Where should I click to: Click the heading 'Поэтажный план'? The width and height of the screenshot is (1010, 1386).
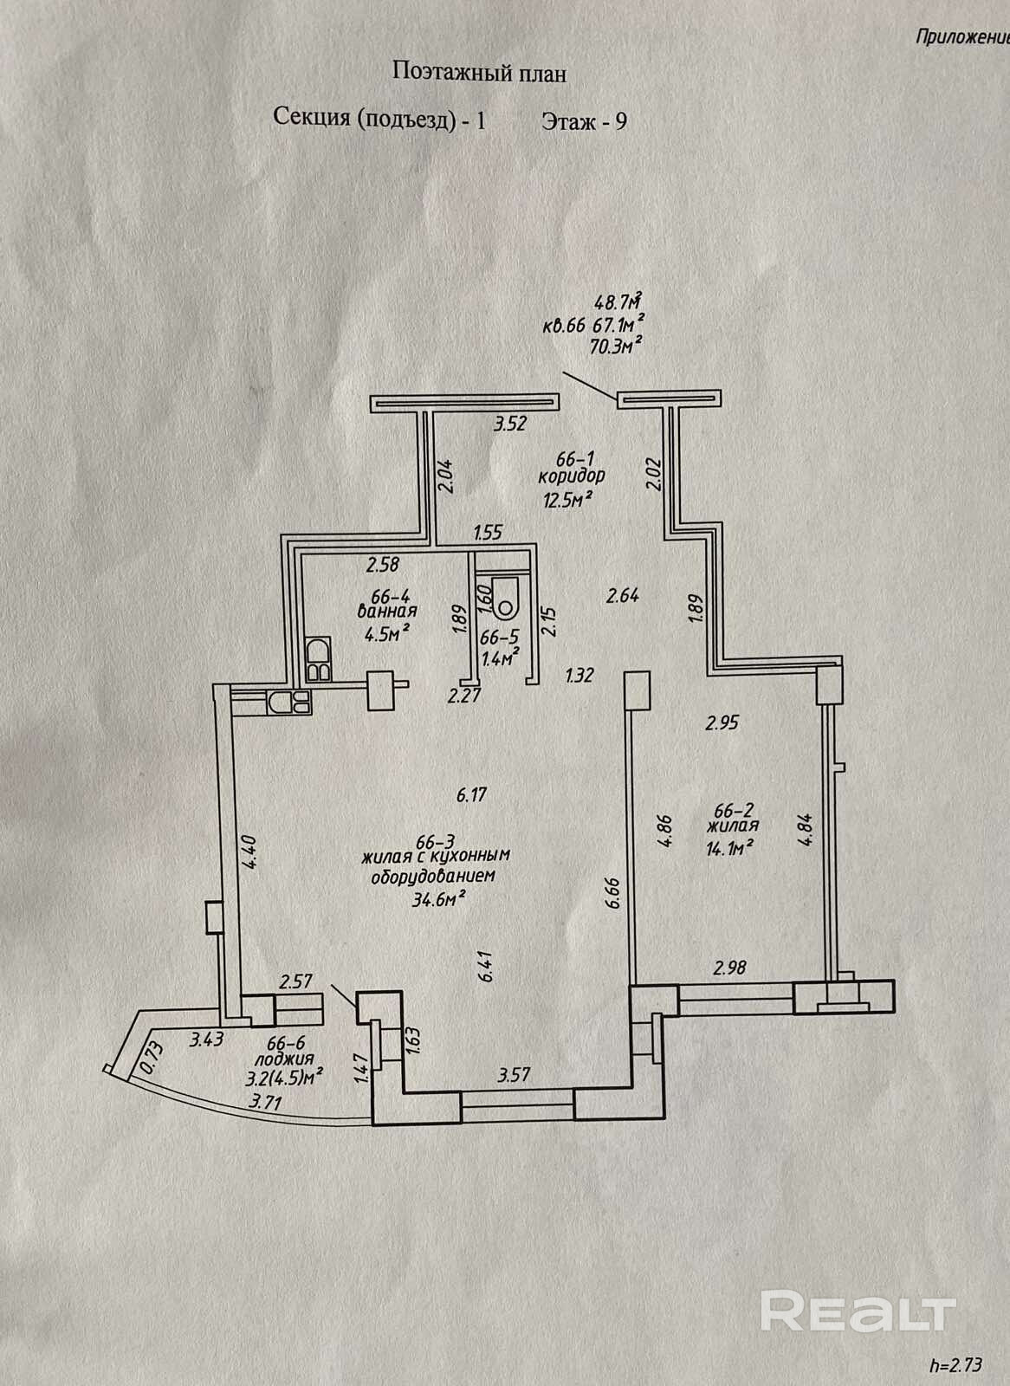(x=479, y=73)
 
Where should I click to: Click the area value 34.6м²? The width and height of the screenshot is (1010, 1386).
(x=439, y=898)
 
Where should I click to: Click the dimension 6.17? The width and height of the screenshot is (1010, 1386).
(x=471, y=793)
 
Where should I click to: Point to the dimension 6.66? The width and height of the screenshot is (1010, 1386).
(x=613, y=891)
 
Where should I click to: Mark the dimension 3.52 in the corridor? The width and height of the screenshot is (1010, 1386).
(x=510, y=425)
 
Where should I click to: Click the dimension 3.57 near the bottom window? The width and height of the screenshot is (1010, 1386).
(x=515, y=1075)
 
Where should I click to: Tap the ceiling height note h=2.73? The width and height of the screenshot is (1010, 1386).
(x=955, y=1365)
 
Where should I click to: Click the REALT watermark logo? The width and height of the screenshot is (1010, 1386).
(x=858, y=1312)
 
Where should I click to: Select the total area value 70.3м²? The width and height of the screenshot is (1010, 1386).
(x=615, y=346)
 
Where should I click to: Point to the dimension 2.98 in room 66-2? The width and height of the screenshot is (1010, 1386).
(x=729, y=968)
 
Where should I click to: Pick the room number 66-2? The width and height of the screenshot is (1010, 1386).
(x=733, y=811)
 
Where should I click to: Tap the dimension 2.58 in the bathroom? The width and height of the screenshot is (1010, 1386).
(x=382, y=566)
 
